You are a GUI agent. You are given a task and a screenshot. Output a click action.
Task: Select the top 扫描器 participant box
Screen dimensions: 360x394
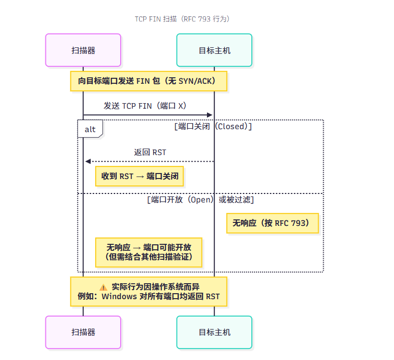(83, 50)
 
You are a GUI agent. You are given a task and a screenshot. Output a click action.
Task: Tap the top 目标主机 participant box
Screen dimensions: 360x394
(214, 50)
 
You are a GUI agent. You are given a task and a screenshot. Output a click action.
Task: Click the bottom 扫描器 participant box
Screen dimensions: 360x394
(83, 332)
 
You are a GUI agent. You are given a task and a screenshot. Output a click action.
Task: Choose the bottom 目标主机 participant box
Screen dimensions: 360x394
(214, 332)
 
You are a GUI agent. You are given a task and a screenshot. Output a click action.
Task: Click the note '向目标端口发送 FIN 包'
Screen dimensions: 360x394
(149, 81)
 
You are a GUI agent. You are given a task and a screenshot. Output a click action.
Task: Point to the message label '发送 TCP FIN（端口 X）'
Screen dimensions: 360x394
(148, 106)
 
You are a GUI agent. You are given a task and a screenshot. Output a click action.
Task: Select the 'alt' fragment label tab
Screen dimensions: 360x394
(90, 129)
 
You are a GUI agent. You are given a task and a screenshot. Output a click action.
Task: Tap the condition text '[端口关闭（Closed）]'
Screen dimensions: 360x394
(213, 126)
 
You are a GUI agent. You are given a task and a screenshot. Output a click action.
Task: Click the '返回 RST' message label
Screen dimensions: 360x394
(150, 152)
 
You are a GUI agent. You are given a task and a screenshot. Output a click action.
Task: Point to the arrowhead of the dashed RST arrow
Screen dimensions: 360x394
(88, 162)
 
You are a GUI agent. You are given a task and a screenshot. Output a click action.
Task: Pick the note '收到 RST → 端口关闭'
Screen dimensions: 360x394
(143, 176)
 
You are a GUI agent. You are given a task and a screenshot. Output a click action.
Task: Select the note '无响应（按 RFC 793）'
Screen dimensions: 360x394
(272, 223)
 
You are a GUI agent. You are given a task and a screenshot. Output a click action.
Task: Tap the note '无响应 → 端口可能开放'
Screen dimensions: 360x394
(149, 252)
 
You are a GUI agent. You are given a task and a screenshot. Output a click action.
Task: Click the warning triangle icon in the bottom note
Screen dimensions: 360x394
(103, 287)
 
